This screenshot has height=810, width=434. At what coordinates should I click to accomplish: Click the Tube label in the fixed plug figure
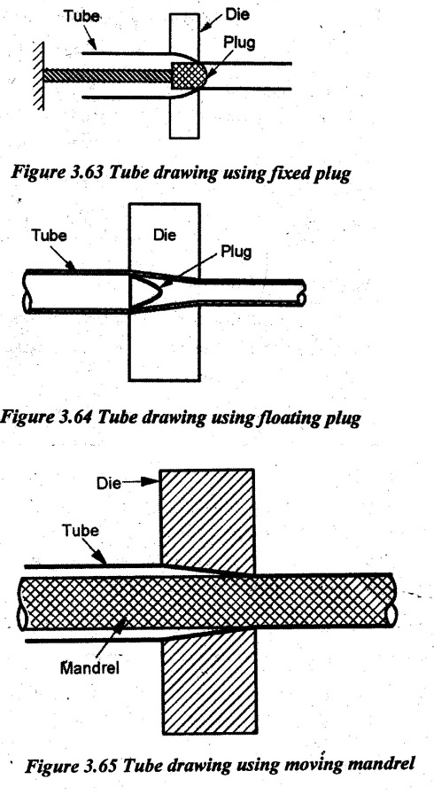pos(81,17)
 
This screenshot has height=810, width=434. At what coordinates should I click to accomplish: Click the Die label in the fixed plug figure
pos(236,14)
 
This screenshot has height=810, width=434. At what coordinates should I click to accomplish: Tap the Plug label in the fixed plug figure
pos(239,43)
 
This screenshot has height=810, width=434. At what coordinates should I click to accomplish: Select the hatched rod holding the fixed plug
pos(107,75)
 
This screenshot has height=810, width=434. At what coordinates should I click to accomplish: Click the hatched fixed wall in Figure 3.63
pos(38,75)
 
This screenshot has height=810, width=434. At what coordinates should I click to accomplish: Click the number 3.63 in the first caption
pos(75,173)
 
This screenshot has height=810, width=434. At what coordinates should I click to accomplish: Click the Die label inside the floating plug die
pos(164,235)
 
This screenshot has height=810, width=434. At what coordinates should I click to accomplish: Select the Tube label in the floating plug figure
pos(49,236)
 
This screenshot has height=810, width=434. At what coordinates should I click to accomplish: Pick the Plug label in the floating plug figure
pos(236,252)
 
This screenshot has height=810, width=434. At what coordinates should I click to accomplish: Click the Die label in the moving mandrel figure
pos(108,484)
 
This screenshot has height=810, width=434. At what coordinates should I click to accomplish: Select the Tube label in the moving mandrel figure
pos(80,531)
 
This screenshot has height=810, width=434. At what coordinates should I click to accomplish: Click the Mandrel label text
pos(89,668)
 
